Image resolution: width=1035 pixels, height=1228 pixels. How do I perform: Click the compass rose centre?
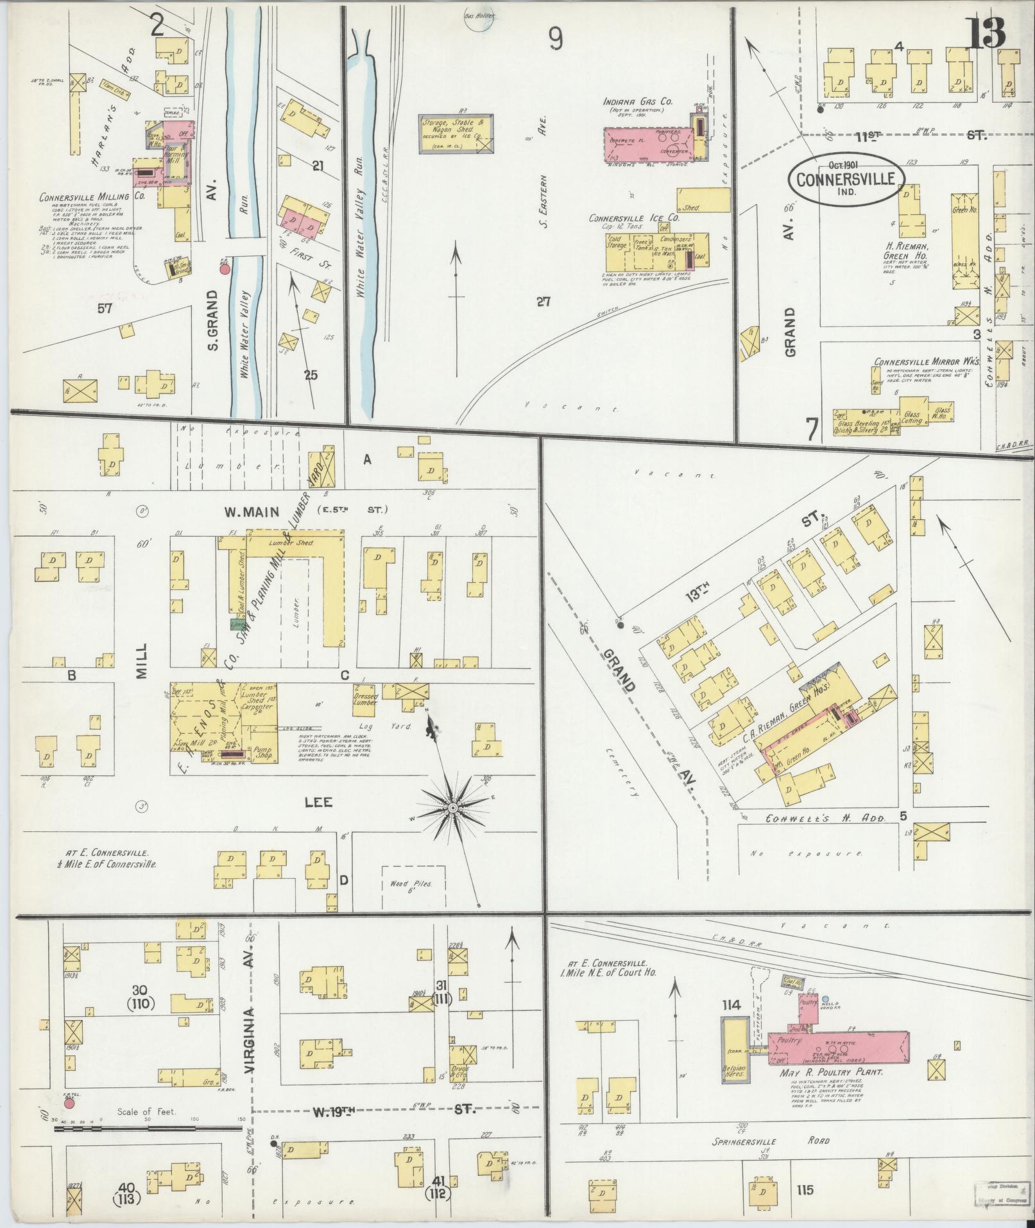click(x=453, y=806)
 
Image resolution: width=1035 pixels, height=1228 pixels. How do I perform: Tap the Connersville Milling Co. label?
click(x=84, y=197)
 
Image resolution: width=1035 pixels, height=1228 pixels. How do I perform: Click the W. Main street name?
click(x=252, y=512)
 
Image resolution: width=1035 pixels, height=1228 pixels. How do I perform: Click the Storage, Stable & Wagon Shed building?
click(x=457, y=134)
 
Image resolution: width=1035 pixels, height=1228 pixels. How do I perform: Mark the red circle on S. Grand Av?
click(x=225, y=270)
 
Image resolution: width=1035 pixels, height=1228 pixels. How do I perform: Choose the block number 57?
click(x=105, y=308)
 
